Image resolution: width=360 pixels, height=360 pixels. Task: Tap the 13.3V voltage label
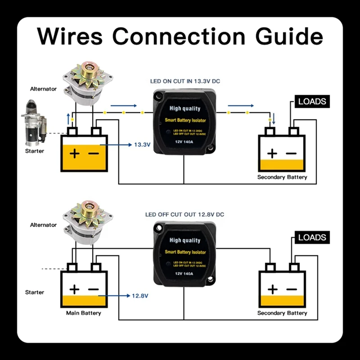tap(142, 145)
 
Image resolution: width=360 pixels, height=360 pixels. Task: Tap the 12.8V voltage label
tap(139, 296)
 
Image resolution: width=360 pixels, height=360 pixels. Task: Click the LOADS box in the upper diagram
tap(312, 101)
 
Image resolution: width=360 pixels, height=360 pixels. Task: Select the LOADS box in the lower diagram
tap(312, 237)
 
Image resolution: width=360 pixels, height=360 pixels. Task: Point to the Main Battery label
tap(84, 313)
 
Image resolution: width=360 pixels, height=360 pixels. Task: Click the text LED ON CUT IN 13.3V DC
tap(185, 81)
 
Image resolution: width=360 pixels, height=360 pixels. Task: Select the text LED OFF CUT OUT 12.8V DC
tap(184, 215)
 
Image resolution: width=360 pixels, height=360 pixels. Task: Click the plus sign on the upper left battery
tap(74, 153)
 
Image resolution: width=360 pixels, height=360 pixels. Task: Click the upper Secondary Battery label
tap(282, 177)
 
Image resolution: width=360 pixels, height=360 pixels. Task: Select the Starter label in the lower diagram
tap(35, 292)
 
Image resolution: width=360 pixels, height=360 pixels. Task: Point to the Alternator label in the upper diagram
tap(44, 89)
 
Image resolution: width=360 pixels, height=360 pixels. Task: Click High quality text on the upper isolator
tap(185, 108)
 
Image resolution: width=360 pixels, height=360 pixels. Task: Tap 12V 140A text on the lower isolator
tap(185, 273)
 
